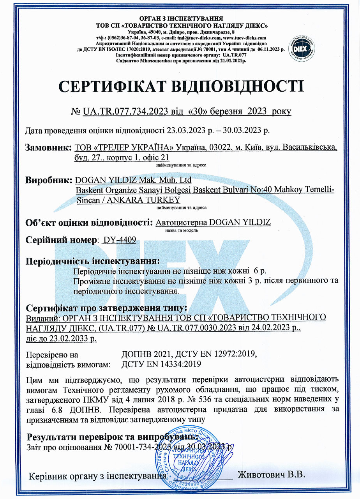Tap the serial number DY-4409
click(x=118, y=240)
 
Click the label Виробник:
click(x=49, y=181)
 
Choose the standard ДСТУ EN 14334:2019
click(x=161, y=365)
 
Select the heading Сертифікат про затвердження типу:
click(x=106, y=308)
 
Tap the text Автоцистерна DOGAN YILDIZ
click(x=213, y=223)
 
